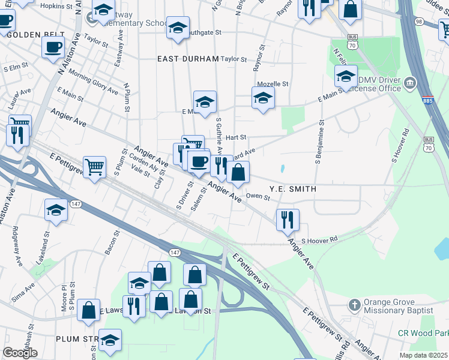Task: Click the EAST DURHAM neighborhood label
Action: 188,59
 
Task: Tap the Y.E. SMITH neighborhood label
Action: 292,189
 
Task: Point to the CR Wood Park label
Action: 423,333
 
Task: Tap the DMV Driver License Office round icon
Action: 410,82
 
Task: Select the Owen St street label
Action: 258,196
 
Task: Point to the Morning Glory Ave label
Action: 93,82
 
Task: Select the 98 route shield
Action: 418,22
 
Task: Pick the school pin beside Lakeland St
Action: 56,210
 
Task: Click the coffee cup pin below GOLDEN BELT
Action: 53,46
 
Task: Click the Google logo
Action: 20,353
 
